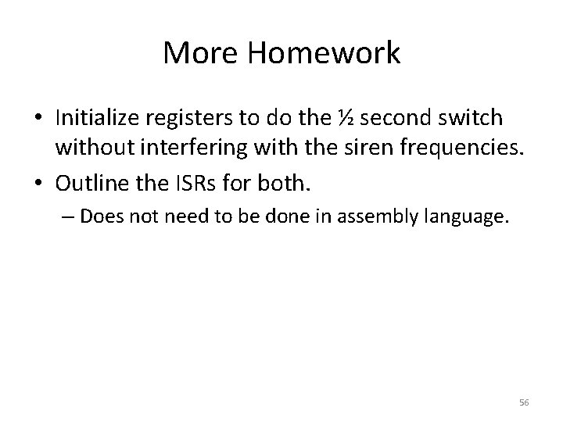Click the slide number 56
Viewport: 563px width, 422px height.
tap(524, 401)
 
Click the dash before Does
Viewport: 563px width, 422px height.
tap(71, 216)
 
